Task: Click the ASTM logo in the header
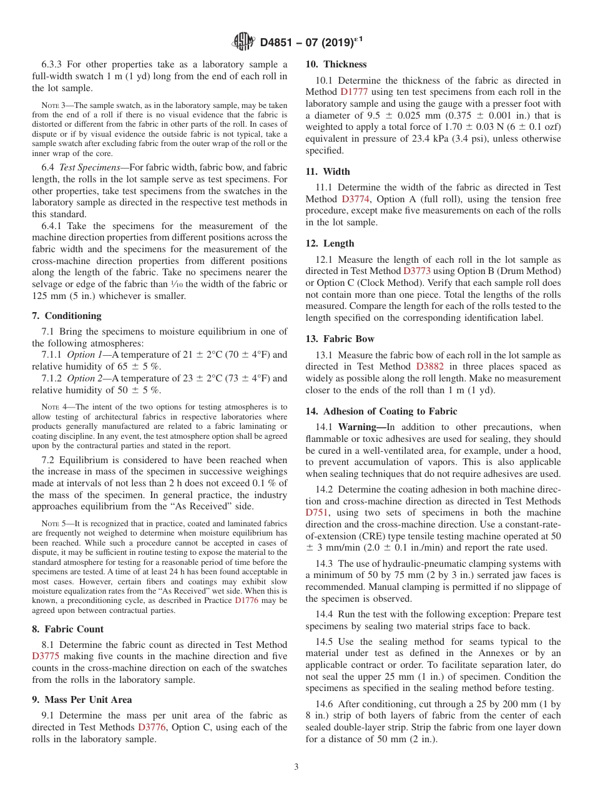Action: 243,42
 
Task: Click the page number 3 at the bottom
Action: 296,767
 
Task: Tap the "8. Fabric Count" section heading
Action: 67,629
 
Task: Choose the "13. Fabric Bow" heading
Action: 340,339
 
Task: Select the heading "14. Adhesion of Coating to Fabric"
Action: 381,411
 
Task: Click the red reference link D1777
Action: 353,92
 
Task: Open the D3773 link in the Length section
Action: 416,271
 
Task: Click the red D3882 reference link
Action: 429,366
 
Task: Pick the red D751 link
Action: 316,512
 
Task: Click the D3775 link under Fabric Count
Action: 46,656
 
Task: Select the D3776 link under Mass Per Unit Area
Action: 152,727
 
